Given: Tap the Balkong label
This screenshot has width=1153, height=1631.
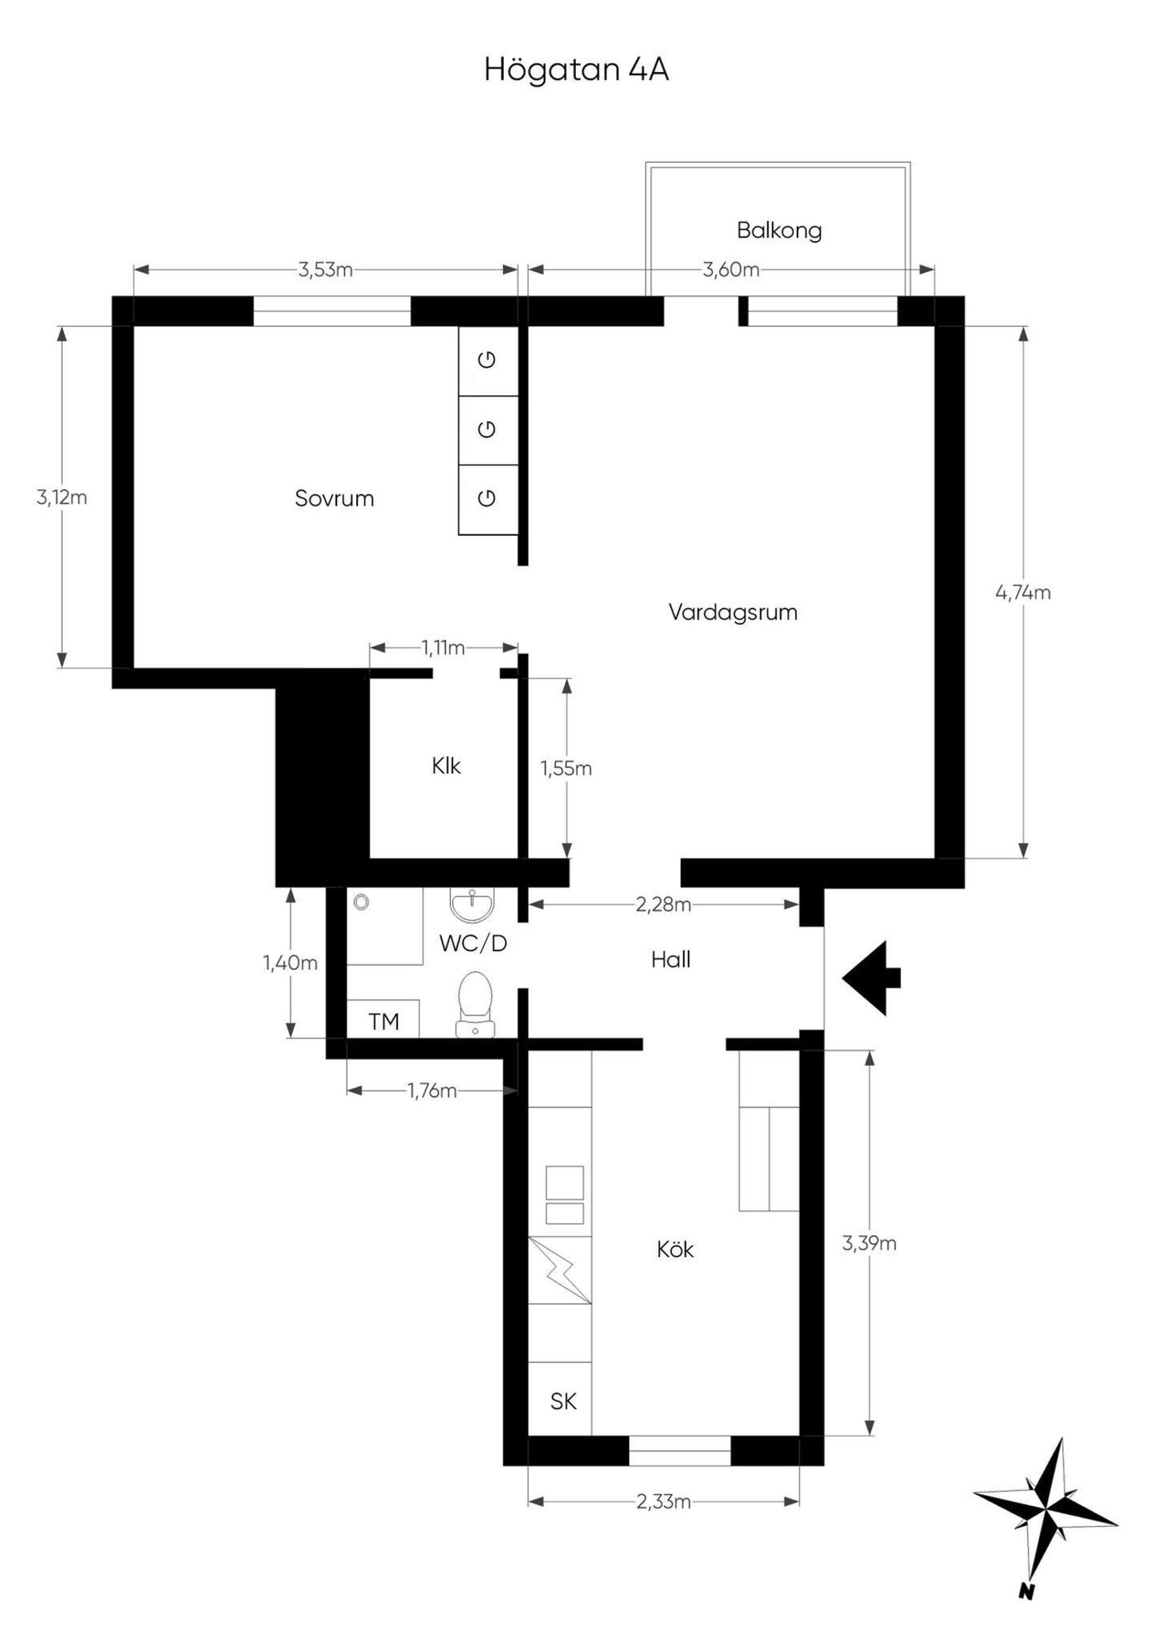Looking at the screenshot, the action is point(779,230).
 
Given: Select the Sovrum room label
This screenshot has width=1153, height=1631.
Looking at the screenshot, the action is point(334,499).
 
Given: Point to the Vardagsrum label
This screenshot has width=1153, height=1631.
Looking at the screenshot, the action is point(733,612).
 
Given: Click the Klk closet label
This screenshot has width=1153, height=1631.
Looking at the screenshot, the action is point(446,766).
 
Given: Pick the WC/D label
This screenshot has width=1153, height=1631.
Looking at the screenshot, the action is point(473,944).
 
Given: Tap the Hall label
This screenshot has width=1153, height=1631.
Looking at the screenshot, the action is point(671,960).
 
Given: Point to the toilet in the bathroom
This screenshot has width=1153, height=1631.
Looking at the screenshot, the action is point(475,1005).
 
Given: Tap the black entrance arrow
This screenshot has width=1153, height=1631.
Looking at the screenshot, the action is point(871,978).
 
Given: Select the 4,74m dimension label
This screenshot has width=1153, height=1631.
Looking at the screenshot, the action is point(1023,593).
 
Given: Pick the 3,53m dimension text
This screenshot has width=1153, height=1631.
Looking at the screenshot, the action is point(326,270).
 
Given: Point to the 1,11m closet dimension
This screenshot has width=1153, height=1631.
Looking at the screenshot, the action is point(443,648).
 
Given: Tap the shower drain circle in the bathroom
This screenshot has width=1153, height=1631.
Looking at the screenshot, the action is point(362,902).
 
